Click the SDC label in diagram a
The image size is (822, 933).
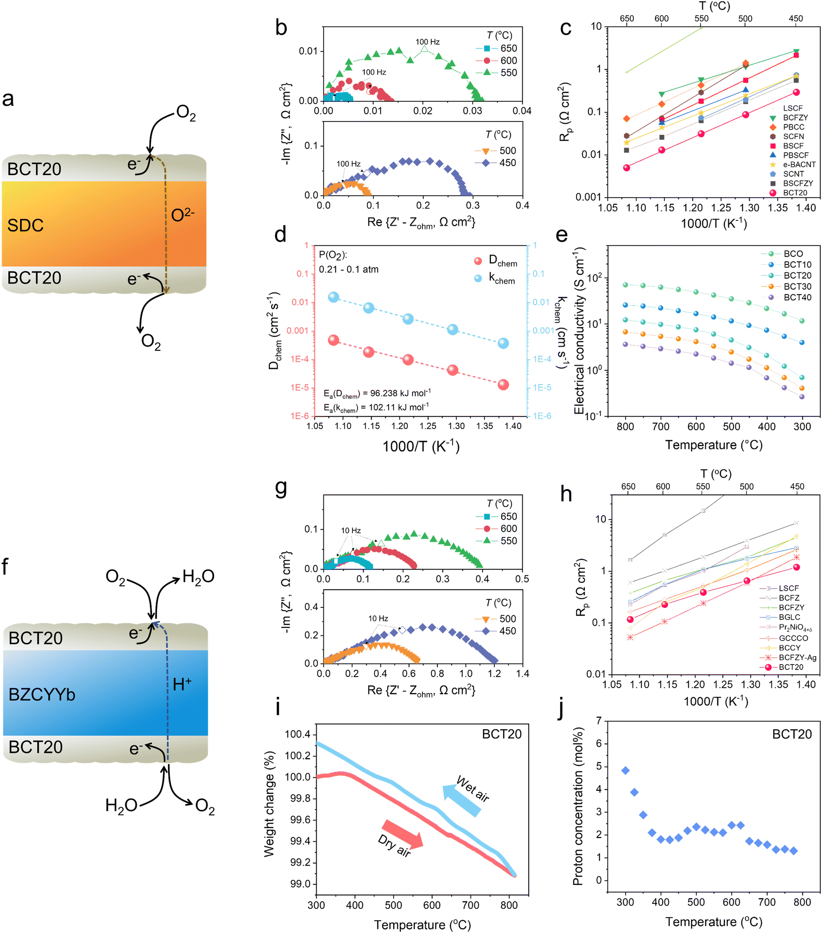26,226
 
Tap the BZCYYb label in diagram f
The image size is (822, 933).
42,694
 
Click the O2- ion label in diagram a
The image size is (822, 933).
183,215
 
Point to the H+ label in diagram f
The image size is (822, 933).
182,684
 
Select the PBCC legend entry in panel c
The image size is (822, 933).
793,127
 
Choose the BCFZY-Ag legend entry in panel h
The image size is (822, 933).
797,657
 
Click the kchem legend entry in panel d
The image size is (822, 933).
501,278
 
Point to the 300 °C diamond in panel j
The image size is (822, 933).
625,771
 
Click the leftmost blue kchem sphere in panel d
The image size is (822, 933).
333,297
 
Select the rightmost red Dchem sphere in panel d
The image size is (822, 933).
503,385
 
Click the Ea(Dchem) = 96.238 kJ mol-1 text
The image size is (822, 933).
377,393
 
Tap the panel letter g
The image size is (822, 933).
281,488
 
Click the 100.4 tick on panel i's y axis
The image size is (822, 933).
297,734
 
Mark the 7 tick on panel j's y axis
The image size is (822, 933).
598,721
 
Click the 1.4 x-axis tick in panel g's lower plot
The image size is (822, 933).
522,673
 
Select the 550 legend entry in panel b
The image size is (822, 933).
508,73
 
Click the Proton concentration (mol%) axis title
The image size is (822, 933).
578,806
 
